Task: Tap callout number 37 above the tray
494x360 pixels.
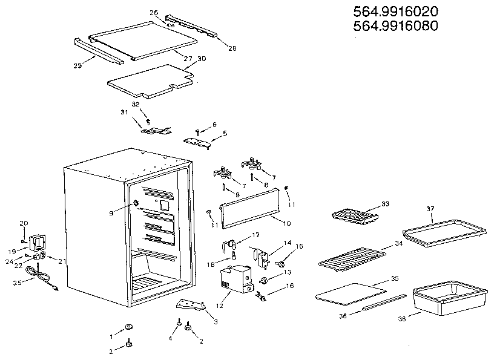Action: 430,209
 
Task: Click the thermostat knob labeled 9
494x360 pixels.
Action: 134,202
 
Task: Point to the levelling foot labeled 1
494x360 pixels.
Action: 128,327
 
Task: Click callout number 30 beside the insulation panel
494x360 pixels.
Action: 202,59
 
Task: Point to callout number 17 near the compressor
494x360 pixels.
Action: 255,234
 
